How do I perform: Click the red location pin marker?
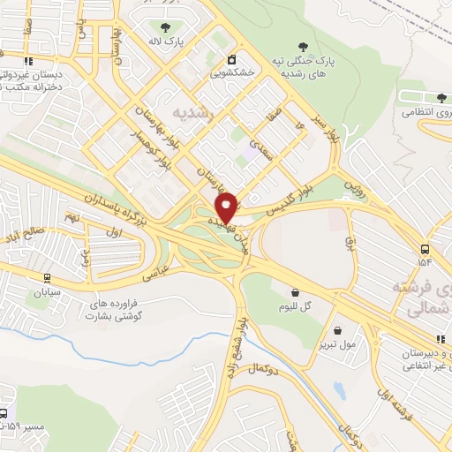(x=228, y=207)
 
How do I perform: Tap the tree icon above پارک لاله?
(x=165, y=26)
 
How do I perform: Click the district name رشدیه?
(x=192, y=112)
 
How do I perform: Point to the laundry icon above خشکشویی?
(x=231, y=59)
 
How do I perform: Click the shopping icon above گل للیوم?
(x=295, y=290)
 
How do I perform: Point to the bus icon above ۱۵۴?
(x=426, y=249)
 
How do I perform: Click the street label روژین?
(x=351, y=187)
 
